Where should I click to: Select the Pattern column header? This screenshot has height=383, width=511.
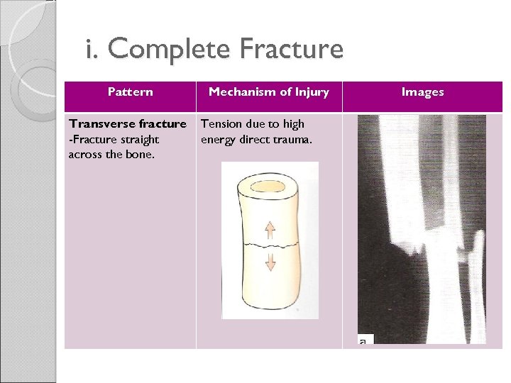pyautogui.click(x=130, y=91)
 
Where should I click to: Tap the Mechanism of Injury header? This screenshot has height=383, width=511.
pyautogui.click(x=268, y=91)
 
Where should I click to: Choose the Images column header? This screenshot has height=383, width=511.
pyautogui.click(x=423, y=91)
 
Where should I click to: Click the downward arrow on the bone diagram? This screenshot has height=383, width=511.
pyautogui.click(x=270, y=263)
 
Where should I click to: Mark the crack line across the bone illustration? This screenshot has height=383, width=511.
pyautogui.click(x=270, y=245)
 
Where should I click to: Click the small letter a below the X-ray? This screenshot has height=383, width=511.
pyautogui.click(x=363, y=341)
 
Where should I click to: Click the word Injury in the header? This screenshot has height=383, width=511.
pyautogui.click(x=313, y=91)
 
